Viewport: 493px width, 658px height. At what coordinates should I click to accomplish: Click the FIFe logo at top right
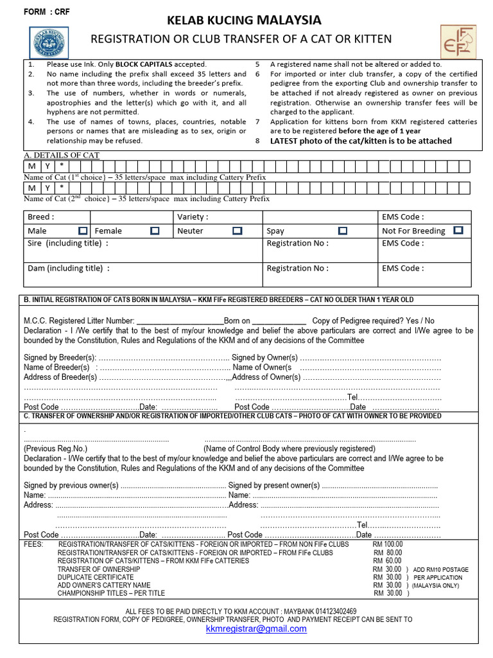pyautogui.click(x=458, y=42)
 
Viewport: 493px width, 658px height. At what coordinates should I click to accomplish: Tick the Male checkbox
pyautogui.click(x=83, y=230)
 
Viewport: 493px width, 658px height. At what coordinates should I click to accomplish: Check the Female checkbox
pyautogui.click(x=155, y=230)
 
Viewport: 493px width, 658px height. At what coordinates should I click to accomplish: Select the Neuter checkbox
pyautogui.click(x=238, y=230)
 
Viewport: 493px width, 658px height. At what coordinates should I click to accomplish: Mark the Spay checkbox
pyautogui.click(x=343, y=230)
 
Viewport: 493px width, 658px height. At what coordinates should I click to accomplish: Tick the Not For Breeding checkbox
pyautogui.click(x=457, y=230)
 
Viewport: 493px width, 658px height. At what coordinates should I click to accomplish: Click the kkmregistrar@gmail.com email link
pyautogui.click(x=256, y=629)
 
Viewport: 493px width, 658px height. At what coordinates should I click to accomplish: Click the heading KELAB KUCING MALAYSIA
pyautogui.click(x=244, y=21)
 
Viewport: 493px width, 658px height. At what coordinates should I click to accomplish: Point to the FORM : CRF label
pyautogui.click(x=46, y=11)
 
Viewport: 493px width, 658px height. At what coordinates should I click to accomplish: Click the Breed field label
pyautogui.click(x=41, y=217)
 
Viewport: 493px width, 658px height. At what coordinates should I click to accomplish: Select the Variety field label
pyautogui.click(x=193, y=217)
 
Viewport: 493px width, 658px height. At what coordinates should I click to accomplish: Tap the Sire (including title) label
pyautogui.click(x=68, y=244)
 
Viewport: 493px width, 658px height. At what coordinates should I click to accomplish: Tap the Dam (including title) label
pyautogui.click(x=69, y=269)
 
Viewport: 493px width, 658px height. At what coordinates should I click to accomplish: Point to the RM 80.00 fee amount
pyautogui.click(x=388, y=553)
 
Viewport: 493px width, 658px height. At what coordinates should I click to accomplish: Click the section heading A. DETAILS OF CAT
pyautogui.click(x=62, y=155)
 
